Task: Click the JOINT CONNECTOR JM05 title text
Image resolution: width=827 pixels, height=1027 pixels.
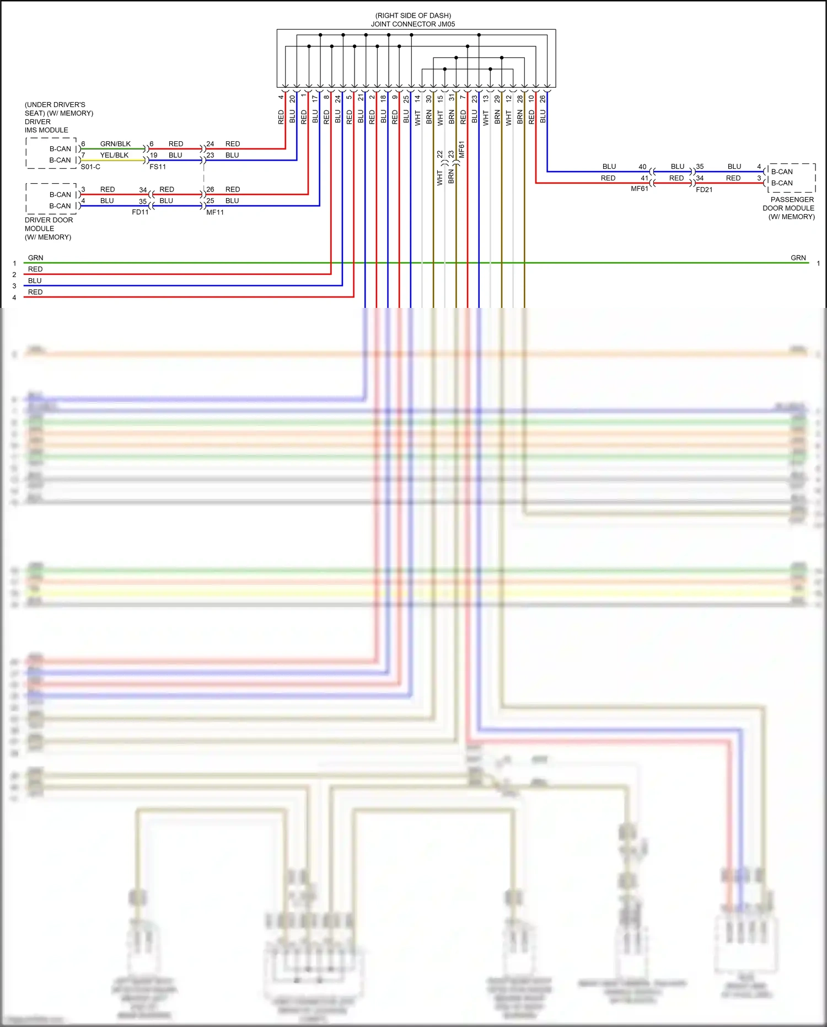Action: [412, 24]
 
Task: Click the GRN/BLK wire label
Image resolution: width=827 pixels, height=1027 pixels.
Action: [115, 143]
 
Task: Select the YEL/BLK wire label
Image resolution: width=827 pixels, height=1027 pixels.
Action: [114, 155]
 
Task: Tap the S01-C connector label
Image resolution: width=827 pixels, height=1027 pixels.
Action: [90, 167]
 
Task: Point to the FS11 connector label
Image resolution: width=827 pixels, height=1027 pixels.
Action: [158, 167]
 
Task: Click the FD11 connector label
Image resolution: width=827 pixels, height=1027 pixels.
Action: [140, 212]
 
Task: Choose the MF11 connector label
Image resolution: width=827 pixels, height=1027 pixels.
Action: [215, 212]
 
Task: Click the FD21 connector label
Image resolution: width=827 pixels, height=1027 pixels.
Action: [704, 189]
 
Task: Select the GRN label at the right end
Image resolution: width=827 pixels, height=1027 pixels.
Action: [798, 258]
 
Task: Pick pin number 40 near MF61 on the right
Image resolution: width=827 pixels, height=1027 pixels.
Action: [642, 167]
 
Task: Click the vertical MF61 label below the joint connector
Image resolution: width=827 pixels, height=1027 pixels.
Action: [461, 150]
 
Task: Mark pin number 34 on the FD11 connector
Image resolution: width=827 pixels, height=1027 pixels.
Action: [143, 190]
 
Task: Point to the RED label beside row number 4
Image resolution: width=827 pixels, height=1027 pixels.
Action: [35, 292]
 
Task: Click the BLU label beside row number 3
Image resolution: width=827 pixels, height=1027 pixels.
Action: [35, 280]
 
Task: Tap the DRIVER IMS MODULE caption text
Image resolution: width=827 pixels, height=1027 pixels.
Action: [46, 126]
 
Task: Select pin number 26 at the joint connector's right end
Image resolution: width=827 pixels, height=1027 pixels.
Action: [543, 99]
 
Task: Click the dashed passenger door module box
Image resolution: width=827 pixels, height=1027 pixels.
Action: [792, 178]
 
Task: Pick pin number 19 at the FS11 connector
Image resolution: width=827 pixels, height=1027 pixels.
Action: [154, 156]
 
